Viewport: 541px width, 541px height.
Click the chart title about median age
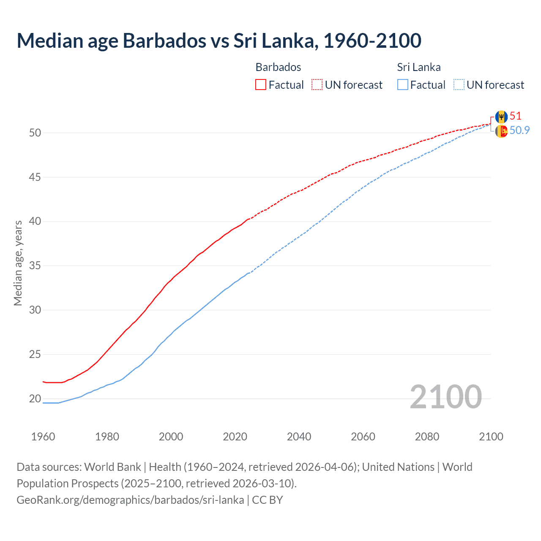219,41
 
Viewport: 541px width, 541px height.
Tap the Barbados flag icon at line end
501,117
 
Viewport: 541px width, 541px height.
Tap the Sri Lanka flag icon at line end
501,131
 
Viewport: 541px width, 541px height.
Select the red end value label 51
516,116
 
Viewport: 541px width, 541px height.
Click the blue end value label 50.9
519,130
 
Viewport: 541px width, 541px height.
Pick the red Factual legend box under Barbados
261,85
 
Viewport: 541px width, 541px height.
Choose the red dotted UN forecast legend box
317,85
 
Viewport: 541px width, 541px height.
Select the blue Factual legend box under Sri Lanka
403,85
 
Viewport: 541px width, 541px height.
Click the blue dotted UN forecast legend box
459,85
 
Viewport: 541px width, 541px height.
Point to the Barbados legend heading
278,67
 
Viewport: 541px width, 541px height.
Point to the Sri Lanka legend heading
418,67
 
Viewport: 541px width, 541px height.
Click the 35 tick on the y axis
35,266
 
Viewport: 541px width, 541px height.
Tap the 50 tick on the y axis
35,133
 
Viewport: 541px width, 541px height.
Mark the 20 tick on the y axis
35,399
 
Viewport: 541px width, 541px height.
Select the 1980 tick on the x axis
107,437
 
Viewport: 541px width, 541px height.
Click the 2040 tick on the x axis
299,437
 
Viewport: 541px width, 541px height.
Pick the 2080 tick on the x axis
427,437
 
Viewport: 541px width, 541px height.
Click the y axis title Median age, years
18,262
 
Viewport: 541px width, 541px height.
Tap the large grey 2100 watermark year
445,396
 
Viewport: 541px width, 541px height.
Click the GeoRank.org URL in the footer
130,500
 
